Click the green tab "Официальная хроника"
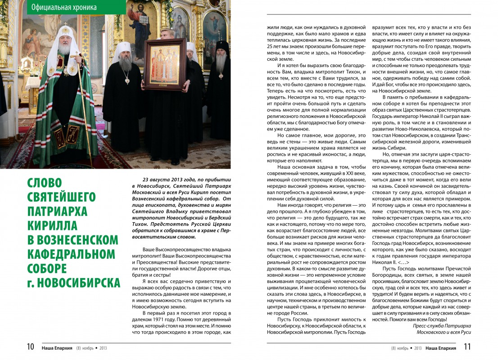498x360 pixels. [64, 8]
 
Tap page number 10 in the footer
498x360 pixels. [30, 347]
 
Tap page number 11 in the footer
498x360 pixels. [467, 347]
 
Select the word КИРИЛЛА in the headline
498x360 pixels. [52, 225]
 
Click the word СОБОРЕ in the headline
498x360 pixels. [47, 269]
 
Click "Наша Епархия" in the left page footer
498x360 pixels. [57, 348]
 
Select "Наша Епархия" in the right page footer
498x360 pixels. [441, 348]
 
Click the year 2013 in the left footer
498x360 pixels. [103, 348]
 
